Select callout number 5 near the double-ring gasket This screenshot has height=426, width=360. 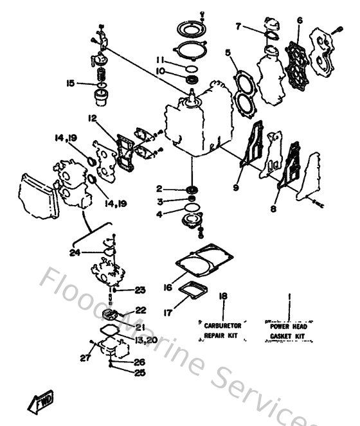228,52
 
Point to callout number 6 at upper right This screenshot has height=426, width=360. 300,21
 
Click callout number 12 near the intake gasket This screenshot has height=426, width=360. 93,118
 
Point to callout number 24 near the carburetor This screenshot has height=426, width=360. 75,252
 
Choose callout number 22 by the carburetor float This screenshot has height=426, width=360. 141,310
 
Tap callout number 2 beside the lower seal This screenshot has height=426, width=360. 157,190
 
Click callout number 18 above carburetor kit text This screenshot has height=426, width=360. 223,296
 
